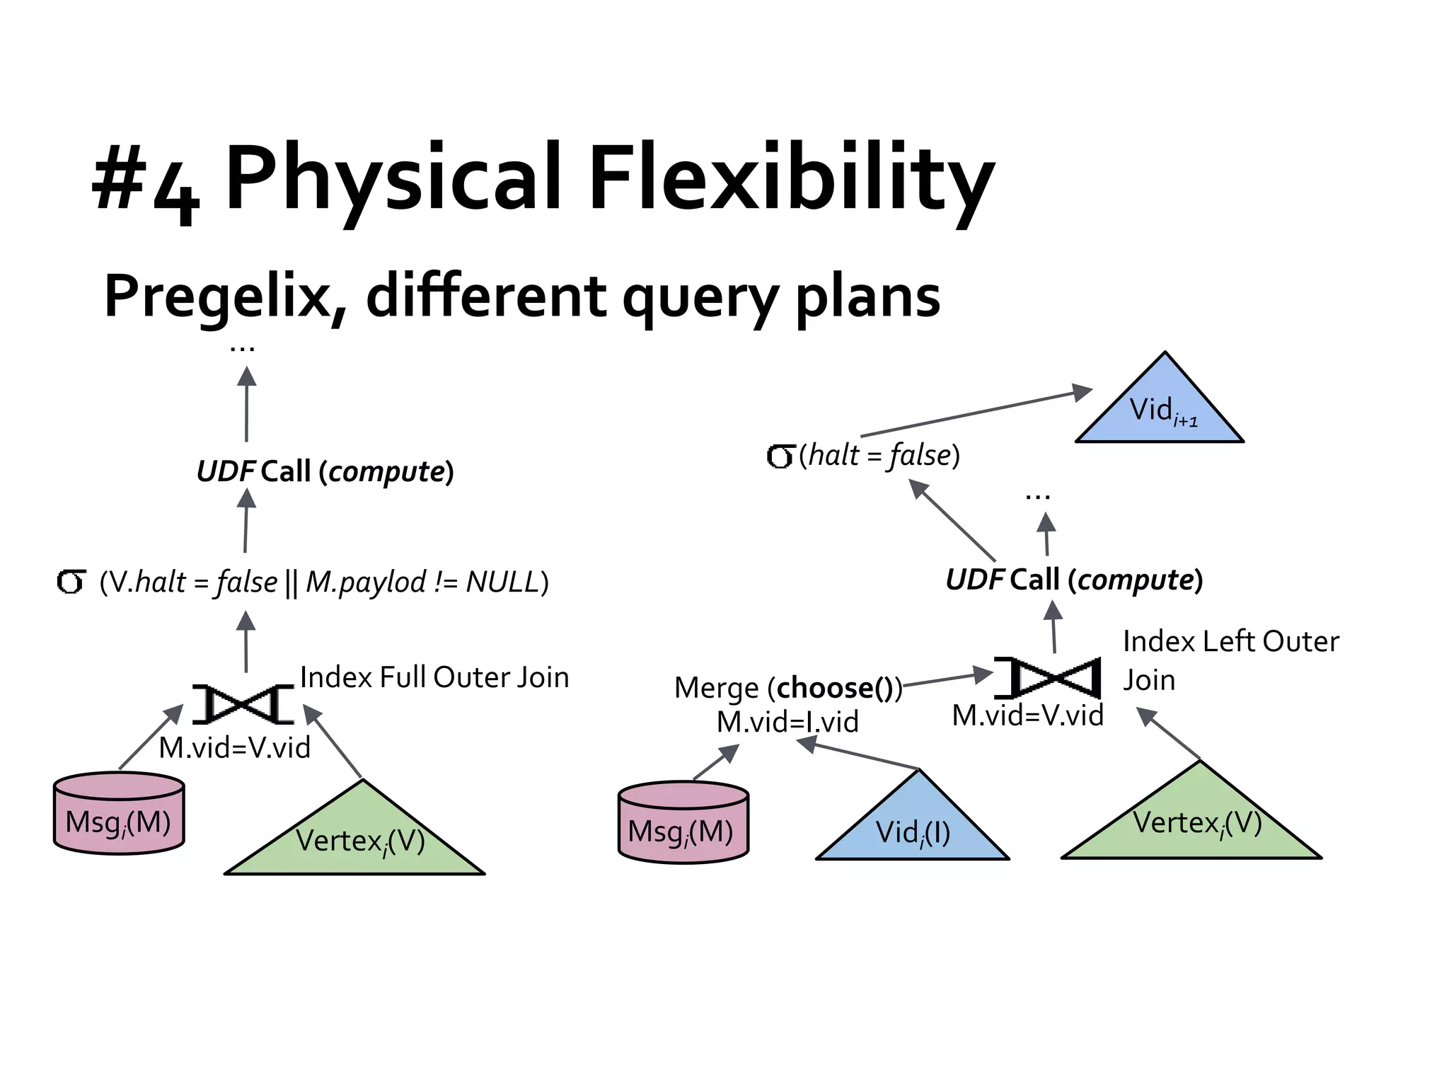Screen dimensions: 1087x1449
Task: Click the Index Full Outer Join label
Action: click(434, 678)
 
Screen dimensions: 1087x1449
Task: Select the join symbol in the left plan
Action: click(243, 704)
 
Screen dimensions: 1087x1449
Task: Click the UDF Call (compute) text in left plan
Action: click(325, 471)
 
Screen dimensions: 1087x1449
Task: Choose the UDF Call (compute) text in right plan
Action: click(1074, 580)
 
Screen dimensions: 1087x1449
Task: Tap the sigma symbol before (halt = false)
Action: click(780, 456)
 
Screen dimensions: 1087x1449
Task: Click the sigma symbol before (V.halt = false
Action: click(71, 582)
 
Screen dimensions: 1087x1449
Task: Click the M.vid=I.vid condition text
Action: click(787, 722)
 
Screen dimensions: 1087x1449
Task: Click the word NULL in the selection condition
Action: click(502, 582)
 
